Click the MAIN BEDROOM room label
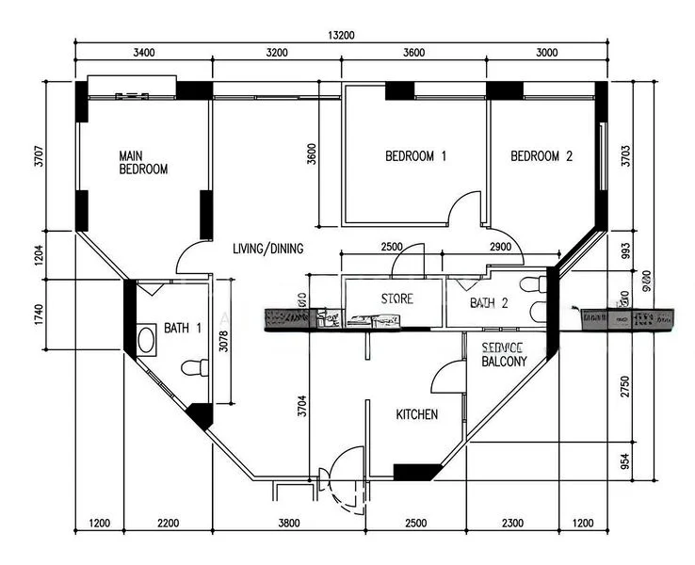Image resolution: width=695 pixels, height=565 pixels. point(143,162)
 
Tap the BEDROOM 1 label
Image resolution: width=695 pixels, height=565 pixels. point(415,156)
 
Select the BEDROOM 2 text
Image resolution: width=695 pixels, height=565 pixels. point(541,156)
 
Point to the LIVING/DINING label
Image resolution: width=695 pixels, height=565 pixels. point(268,249)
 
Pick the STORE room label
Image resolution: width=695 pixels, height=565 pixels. point(396,299)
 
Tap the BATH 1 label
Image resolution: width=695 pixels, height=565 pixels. point(183,328)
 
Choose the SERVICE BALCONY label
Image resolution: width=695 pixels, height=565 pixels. point(510,354)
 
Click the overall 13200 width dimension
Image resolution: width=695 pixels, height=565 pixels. point(340,36)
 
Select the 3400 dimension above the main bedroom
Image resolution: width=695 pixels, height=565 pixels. point(144,53)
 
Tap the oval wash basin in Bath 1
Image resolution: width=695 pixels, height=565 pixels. point(147,339)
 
